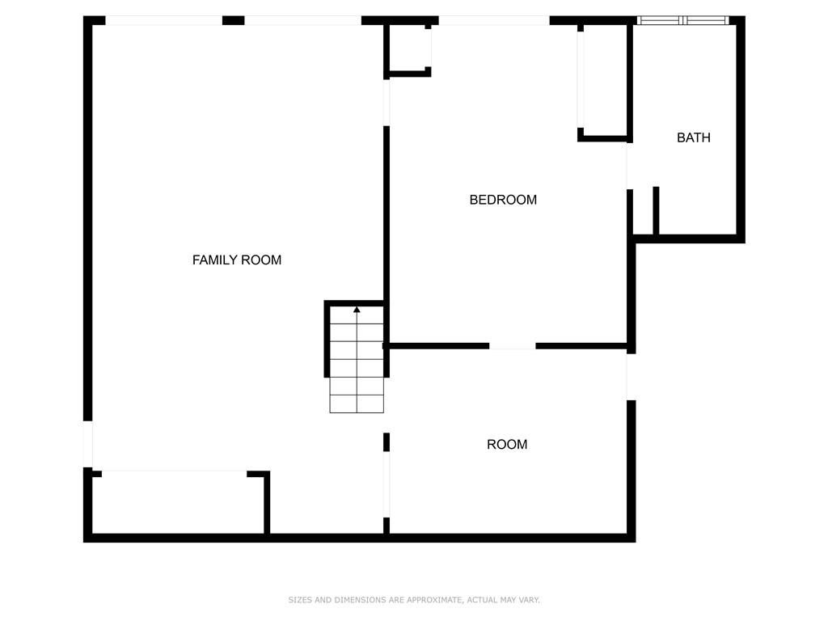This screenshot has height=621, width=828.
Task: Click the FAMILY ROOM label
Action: pos(237,260)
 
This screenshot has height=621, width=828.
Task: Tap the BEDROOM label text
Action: pos(503,200)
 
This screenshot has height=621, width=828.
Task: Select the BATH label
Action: pos(693,137)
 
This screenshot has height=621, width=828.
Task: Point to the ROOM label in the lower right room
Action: pos(507,444)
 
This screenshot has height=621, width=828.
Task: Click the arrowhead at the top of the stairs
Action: pos(357,310)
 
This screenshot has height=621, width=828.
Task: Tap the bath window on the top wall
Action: pos(682,20)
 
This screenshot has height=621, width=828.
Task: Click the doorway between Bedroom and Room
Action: pos(512,346)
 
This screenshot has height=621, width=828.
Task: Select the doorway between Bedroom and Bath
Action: pos(629,166)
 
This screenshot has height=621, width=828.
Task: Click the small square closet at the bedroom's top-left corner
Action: pos(409,48)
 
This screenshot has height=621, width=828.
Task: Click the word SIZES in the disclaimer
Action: pos(299,600)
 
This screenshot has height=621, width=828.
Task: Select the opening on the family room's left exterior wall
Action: pos(87,444)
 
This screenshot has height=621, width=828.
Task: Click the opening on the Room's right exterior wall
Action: pos(631,377)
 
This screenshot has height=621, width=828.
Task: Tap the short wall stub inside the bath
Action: pos(656,210)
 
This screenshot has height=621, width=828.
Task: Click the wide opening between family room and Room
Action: pos(387,484)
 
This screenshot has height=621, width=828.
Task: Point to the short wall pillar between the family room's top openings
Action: pos(234,20)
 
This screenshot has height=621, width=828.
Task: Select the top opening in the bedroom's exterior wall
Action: pos(494,20)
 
